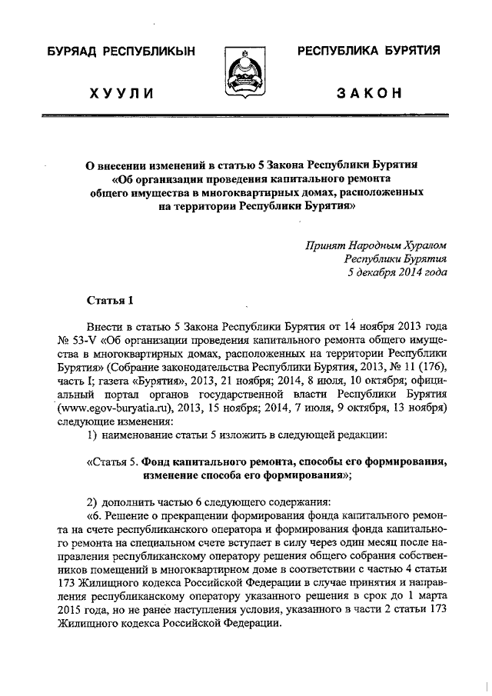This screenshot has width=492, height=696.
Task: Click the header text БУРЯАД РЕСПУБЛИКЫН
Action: click(x=121, y=52)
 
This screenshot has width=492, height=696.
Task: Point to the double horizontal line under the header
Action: click(x=245, y=115)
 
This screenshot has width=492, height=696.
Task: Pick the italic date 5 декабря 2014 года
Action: click(x=397, y=271)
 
